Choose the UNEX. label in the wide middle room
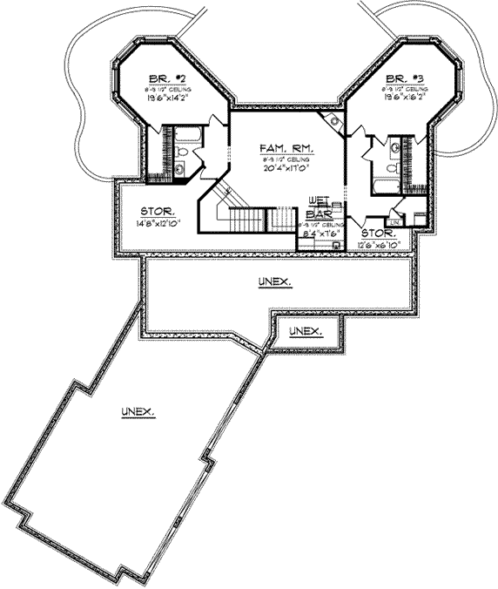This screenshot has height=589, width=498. [274, 282]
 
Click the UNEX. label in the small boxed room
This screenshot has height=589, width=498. [306, 332]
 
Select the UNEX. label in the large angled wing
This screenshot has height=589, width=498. [138, 410]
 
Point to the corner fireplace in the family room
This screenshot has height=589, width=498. [331, 122]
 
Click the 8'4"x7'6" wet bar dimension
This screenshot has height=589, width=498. [320, 234]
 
